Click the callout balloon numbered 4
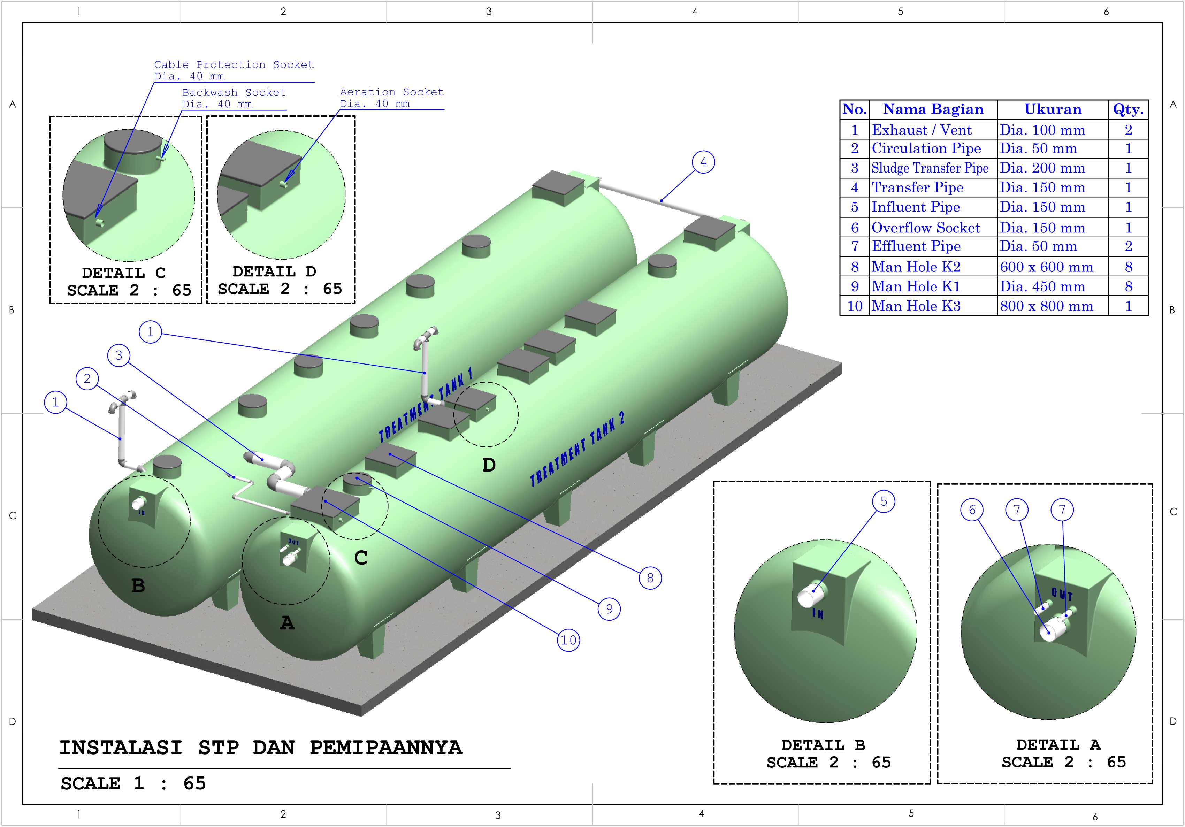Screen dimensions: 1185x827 coord(703,162)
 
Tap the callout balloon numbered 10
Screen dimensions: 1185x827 coord(569,640)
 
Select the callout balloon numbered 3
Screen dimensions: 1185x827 coord(119,355)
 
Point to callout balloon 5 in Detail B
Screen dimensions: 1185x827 coord(884,501)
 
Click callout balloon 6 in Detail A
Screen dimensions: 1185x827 coord(972,510)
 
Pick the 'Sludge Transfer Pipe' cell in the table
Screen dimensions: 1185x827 coord(930,168)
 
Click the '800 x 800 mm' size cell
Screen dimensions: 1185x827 coord(1047,306)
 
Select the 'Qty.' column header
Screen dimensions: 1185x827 coord(1128,109)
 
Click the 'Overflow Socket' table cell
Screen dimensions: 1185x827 coord(926,228)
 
